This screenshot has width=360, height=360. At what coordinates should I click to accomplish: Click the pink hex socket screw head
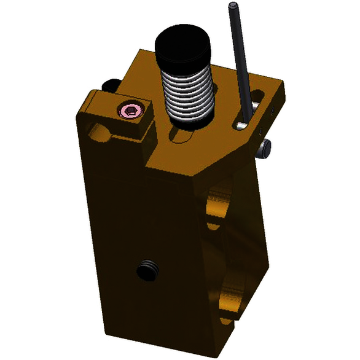pyautogui.click(x=130, y=111)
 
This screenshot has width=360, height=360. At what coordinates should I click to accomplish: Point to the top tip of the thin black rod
pyautogui.click(x=233, y=6)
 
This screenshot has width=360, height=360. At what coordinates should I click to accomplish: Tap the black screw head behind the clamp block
pyautogui.click(x=111, y=84)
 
